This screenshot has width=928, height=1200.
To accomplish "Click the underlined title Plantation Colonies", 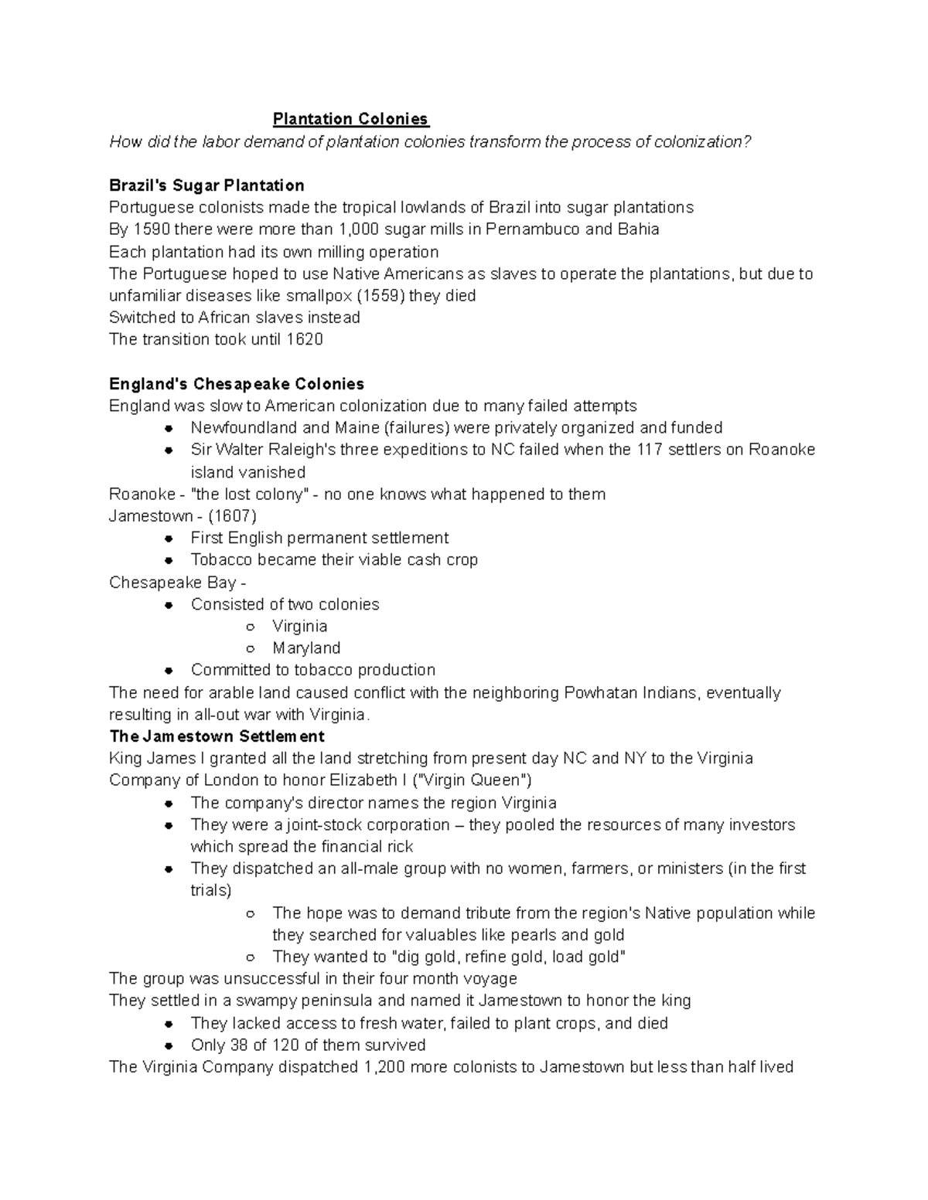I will point(350,119).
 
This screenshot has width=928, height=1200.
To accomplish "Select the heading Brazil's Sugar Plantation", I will point(206,185).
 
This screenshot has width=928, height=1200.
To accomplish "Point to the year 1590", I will point(152,229).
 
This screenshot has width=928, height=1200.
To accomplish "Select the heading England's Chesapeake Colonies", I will point(237,384).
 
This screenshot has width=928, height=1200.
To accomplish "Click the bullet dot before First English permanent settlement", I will point(169,539).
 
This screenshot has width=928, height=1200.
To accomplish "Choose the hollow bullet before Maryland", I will point(250,649).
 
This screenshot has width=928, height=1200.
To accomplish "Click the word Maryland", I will point(306,648).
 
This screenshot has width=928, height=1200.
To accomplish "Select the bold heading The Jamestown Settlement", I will point(217,736).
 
